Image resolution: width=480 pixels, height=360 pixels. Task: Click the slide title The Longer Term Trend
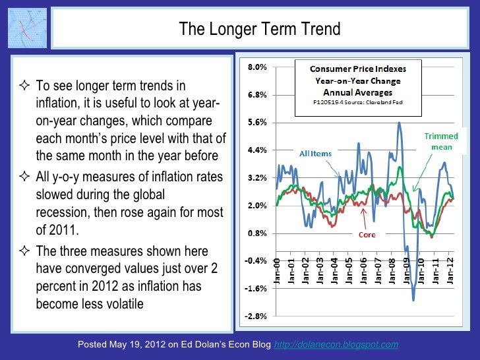click(x=260, y=30)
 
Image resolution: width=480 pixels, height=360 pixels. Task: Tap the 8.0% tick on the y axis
click(x=256, y=67)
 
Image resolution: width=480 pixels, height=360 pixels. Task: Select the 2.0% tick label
click(x=256, y=206)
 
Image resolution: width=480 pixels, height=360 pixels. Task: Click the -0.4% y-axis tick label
click(x=256, y=261)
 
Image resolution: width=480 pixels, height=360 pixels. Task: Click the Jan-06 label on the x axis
click(x=364, y=272)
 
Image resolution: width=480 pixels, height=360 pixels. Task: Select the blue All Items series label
click(x=316, y=154)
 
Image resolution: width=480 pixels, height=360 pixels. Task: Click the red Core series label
click(x=367, y=234)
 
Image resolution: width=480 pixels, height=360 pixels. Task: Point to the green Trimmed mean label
click(x=441, y=141)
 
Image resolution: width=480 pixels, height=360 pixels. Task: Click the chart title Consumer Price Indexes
click(x=359, y=69)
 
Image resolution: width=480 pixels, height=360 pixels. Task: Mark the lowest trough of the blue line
click(x=413, y=300)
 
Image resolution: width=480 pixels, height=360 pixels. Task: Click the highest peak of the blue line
click(x=400, y=122)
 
